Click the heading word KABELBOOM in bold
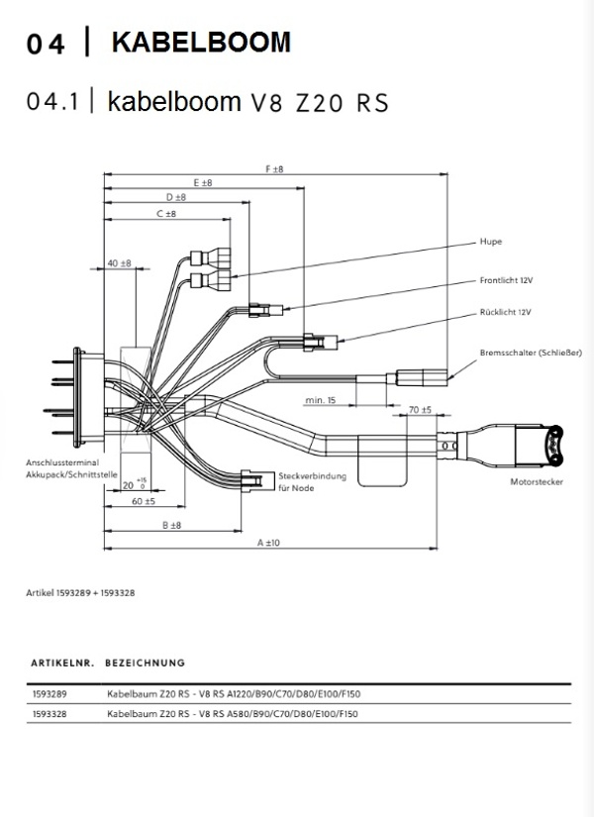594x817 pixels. (202, 43)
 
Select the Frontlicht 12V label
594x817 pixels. (506, 281)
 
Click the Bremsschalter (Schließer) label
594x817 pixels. (530, 353)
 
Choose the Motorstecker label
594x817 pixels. (535, 482)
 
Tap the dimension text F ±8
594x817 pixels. (274, 170)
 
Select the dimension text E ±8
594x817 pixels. (203, 183)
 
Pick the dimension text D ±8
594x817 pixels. (176, 198)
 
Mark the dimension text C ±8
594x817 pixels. (165, 213)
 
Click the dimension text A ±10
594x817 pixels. (268, 543)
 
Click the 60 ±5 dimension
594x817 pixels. (144, 501)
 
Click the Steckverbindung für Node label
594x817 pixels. (313, 481)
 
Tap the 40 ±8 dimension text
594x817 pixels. (119, 263)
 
